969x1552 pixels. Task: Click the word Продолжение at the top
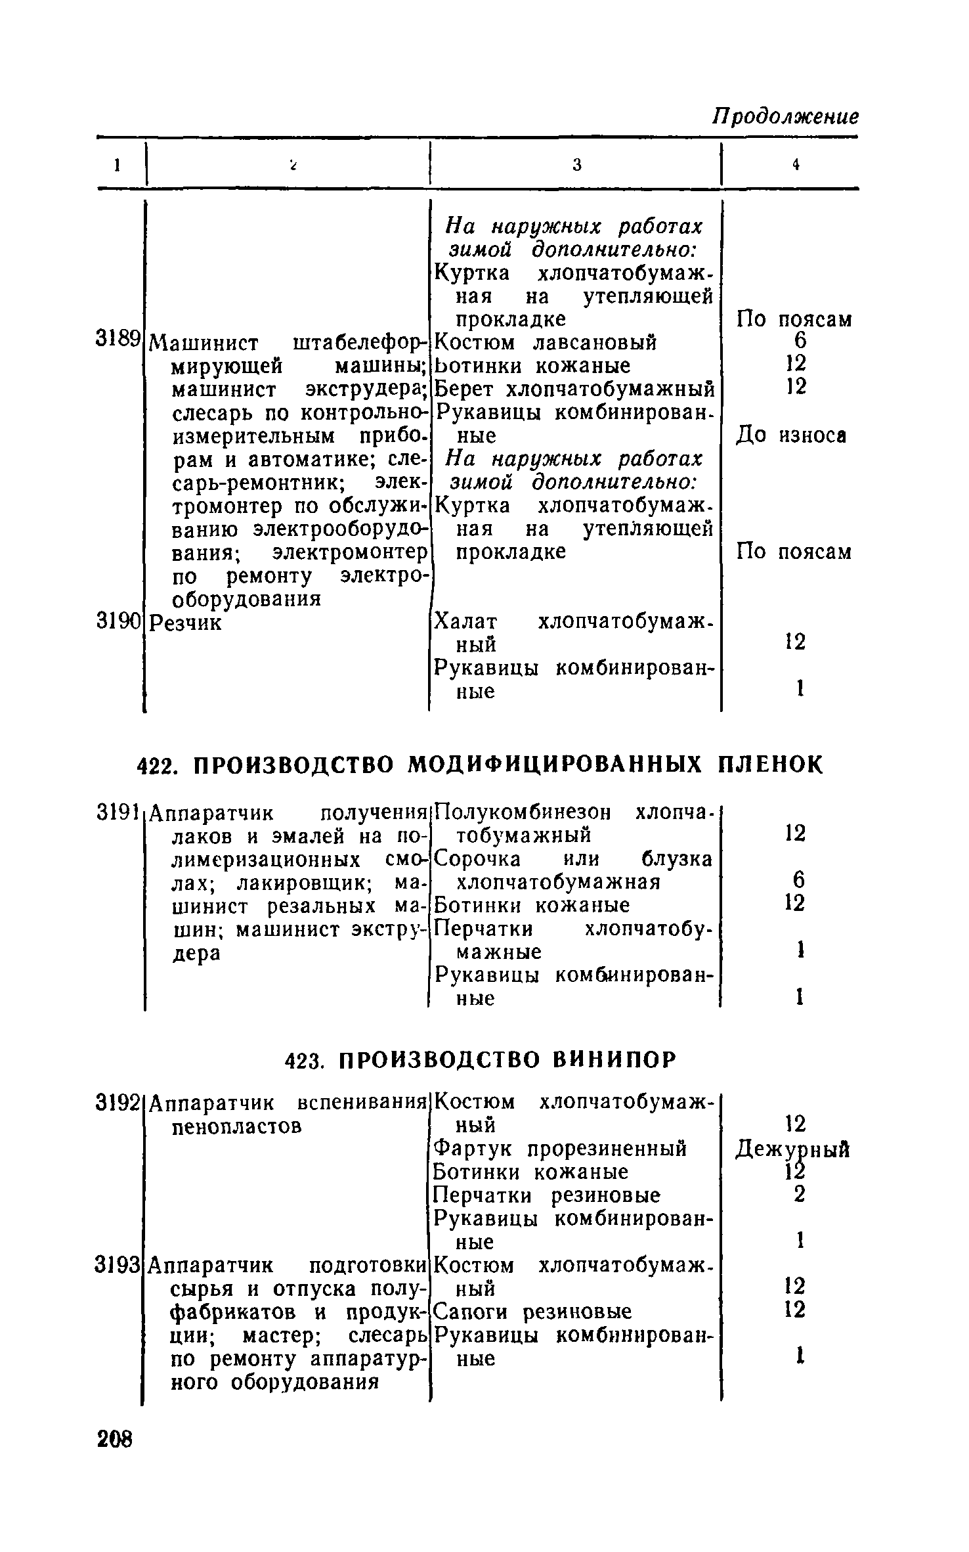[x=785, y=116]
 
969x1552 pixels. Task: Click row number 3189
[x=118, y=339]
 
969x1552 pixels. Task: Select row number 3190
[x=118, y=621]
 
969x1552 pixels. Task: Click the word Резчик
[x=186, y=622]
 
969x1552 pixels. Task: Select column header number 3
[x=576, y=165]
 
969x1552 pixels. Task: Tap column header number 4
[x=796, y=165]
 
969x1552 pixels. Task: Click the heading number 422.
[x=155, y=765]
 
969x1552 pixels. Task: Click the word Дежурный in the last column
[x=793, y=1149]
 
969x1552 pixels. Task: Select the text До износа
[x=790, y=435]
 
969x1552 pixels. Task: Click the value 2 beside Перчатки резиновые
[x=798, y=1195]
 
